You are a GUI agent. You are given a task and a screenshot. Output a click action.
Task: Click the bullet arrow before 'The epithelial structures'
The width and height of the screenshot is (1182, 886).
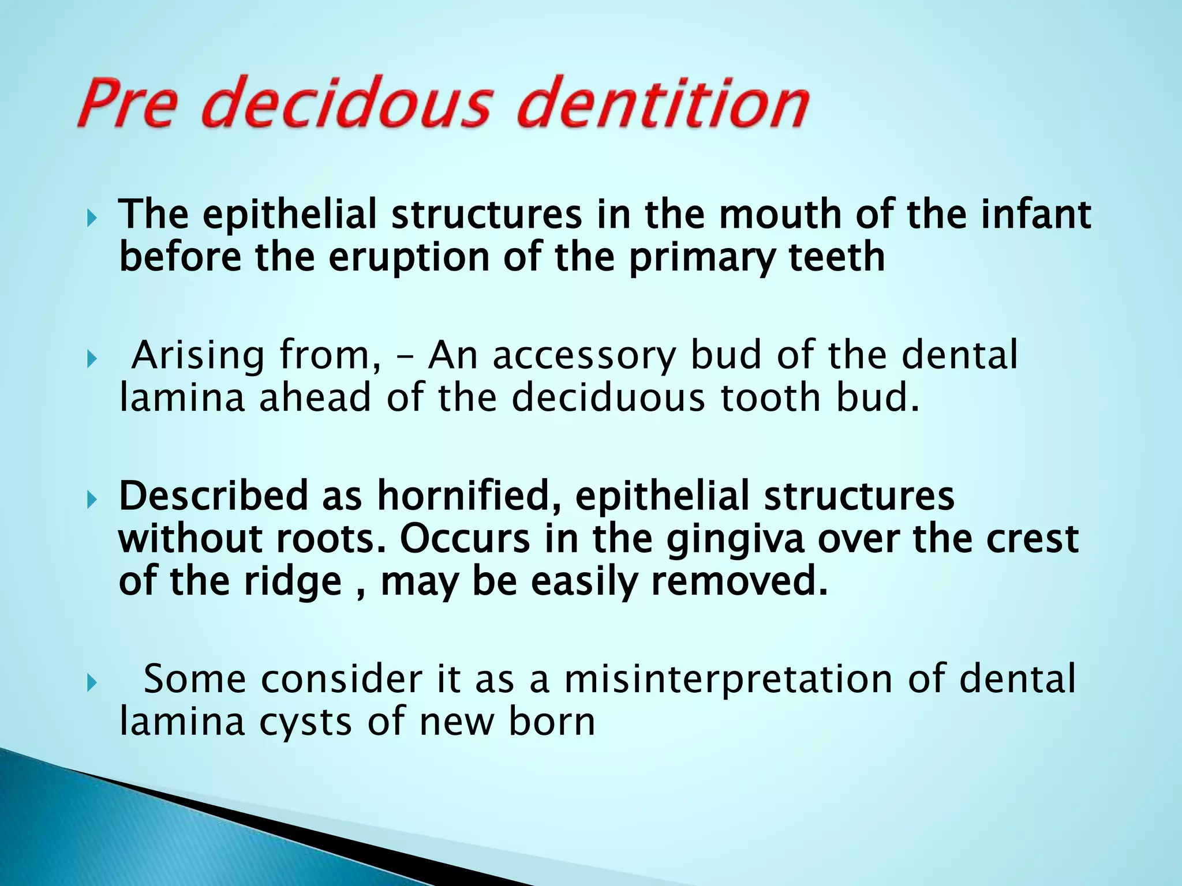pyautogui.click(x=91, y=219)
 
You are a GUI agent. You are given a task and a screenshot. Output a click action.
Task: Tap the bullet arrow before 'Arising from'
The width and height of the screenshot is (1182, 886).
pyautogui.click(x=91, y=361)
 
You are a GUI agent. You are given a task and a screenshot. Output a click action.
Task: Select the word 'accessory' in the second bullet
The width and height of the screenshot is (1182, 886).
pyautogui.click(x=583, y=356)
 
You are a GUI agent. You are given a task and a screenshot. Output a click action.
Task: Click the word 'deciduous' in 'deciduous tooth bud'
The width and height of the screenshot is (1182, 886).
pyautogui.click(x=608, y=398)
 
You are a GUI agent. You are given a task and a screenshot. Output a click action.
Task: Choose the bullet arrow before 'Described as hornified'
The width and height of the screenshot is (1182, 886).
pyautogui.click(x=91, y=500)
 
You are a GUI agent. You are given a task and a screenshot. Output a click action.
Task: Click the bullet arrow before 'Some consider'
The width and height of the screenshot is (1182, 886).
pyautogui.click(x=91, y=685)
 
